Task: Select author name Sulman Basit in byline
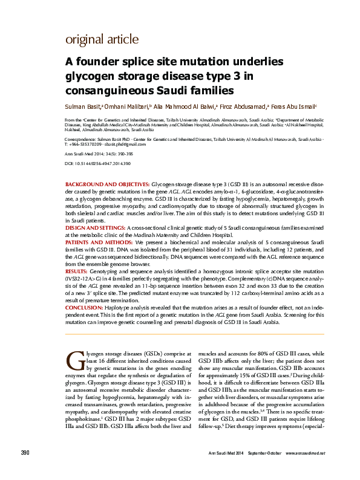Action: coord(83,106)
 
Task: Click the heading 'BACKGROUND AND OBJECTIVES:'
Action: coord(106,182)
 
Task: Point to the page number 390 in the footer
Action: coord(26,470)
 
